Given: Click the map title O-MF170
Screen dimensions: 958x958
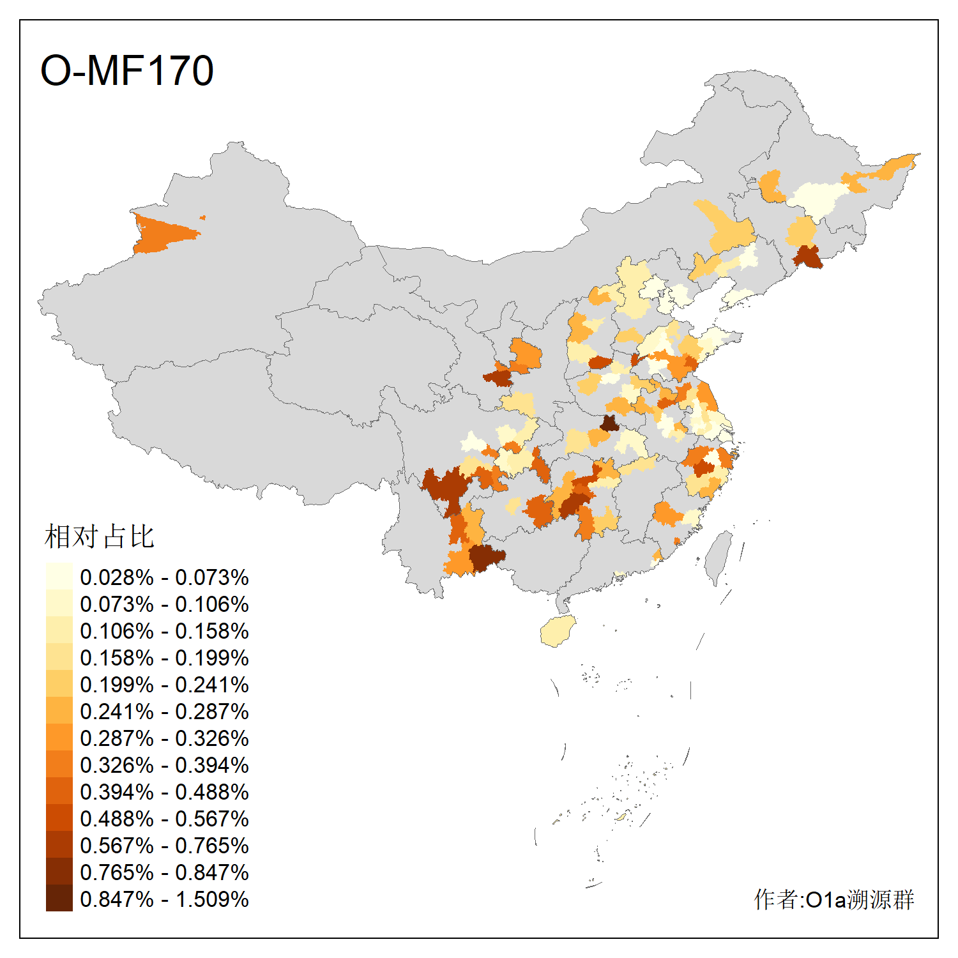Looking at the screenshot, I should pyautogui.click(x=126, y=70).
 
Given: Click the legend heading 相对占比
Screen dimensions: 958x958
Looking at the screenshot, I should pyautogui.click(x=99, y=536).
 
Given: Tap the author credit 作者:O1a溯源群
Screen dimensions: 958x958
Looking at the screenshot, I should pyautogui.click(x=833, y=899).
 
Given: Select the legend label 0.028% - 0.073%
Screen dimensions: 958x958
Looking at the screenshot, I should pyautogui.click(x=164, y=577).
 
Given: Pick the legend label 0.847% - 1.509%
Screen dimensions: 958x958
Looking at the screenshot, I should pyautogui.click(x=164, y=899).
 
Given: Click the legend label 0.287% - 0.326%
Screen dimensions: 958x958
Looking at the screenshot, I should pyautogui.click(x=164, y=738).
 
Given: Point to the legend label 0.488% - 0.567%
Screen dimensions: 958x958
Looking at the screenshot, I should pyautogui.click(x=164, y=819).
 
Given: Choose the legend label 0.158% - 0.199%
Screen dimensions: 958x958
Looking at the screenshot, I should pyautogui.click(x=164, y=658).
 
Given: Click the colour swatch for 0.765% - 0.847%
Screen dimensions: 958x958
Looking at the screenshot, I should pyautogui.click(x=59, y=872).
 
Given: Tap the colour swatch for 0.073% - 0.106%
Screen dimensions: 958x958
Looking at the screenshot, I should pyautogui.click(x=59, y=604).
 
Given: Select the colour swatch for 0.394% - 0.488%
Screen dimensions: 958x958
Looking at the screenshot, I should pyautogui.click(x=59, y=792).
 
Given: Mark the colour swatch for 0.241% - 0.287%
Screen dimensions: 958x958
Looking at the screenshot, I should pyautogui.click(x=59, y=711).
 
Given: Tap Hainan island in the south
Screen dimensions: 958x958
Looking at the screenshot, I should pyautogui.click(x=558, y=631).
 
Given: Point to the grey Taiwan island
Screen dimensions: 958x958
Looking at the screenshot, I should pyautogui.click(x=719, y=556).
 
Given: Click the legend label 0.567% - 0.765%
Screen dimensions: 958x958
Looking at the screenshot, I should pyautogui.click(x=164, y=846).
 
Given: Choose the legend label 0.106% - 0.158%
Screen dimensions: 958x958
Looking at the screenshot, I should pyautogui.click(x=164, y=631).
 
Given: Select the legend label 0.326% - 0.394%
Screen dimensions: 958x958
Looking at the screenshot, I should pyautogui.click(x=164, y=765).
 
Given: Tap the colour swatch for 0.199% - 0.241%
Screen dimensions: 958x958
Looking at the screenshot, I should pyautogui.click(x=59, y=685).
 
